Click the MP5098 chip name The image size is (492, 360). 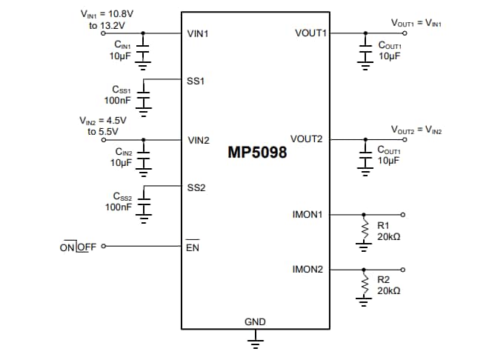tap(256, 154)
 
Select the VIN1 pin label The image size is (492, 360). tap(199, 33)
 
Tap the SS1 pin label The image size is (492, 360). tap(196, 80)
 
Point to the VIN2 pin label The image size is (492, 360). tap(199, 140)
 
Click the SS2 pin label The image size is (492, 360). tap(196, 187)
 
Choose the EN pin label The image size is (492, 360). tap(192, 247)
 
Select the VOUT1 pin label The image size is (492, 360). tap(310, 33)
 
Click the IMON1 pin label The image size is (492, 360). tap(307, 215)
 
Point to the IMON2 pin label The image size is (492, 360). tap(307, 270)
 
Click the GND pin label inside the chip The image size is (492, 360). tap(255, 322)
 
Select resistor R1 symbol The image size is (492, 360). tap(365, 230)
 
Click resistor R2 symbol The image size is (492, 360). tap(365, 285)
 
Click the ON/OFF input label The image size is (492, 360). tap(78, 247)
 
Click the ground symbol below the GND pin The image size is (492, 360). tap(256, 341)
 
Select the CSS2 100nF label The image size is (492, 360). tap(119, 202)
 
